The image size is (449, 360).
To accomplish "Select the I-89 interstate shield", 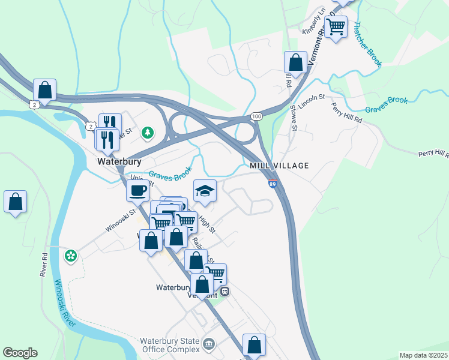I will pyautogui.click(x=272, y=184).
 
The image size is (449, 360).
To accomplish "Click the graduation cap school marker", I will pyautogui.click(x=205, y=191).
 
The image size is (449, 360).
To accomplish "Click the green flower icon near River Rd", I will pyautogui.click(x=71, y=256).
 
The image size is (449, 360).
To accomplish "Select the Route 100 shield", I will pyautogui.click(x=256, y=115).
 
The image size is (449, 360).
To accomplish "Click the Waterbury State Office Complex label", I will pyautogui.click(x=170, y=345).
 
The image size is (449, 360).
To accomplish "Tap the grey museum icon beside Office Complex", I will pyautogui.click(x=208, y=344).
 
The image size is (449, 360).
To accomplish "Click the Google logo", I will pyautogui.click(x=20, y=353).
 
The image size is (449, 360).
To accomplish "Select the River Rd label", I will pyautogui.click(x=44, y=264).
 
